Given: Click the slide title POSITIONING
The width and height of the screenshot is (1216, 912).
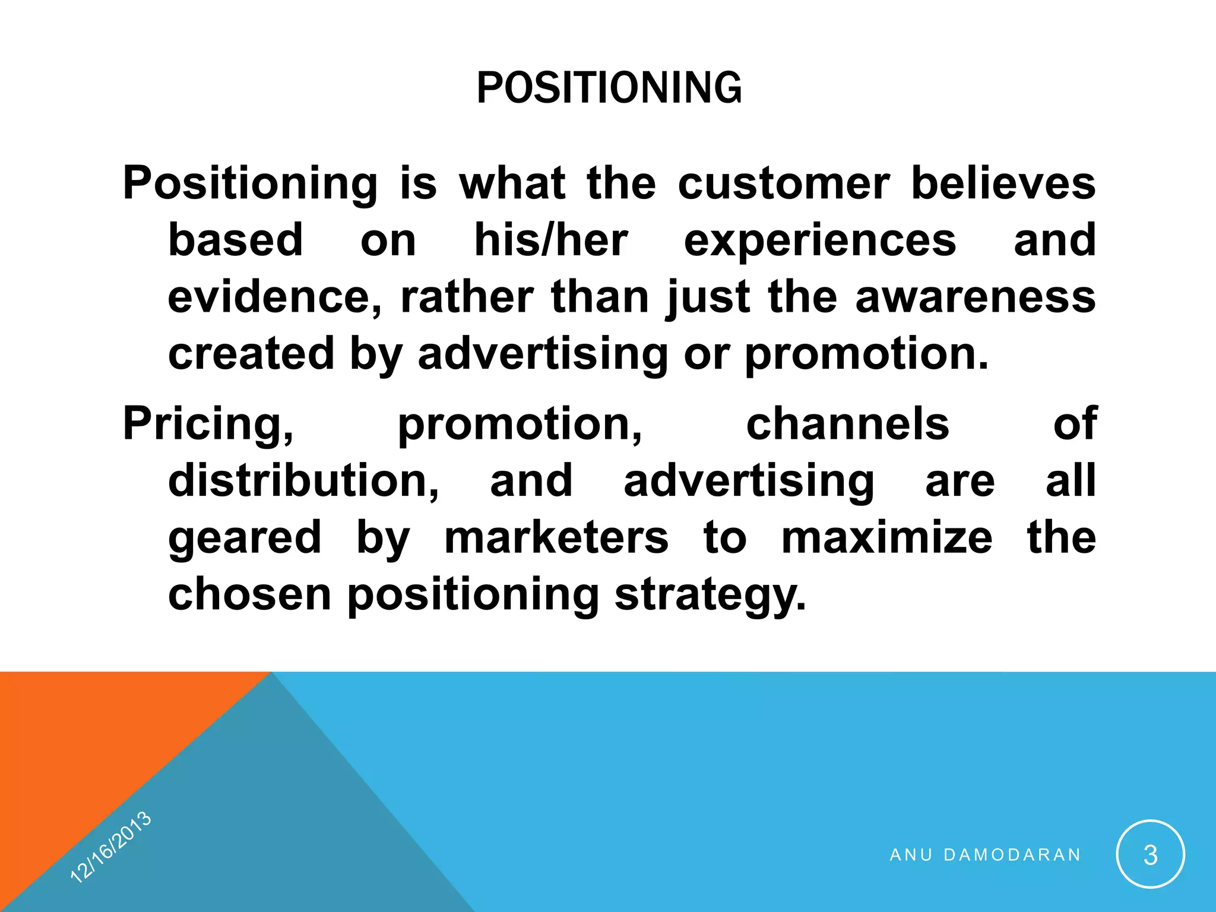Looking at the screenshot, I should click(609, 88).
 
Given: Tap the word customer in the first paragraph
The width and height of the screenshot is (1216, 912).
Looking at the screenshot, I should click(784, 183).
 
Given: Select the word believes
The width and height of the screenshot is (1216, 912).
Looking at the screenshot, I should click(1003, 183).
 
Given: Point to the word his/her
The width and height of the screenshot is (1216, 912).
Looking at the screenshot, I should click(550, 240).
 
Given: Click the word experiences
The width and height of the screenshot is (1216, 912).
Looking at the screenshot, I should click(820, 240).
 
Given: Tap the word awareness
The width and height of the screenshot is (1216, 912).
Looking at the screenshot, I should click(975, 297).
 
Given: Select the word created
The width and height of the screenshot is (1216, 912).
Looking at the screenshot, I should click(251, 354).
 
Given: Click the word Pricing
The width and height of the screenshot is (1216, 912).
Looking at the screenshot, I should click(208, 424).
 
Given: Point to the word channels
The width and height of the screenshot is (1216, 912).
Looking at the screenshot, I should click(847, 424).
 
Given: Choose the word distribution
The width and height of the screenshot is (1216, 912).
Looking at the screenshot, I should click(303, 480).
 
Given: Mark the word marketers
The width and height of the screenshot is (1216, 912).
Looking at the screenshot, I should click(556, 537).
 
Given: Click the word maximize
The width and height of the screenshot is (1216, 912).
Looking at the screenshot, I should click(886, 537).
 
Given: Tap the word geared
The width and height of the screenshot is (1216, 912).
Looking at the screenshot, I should click(245, 537).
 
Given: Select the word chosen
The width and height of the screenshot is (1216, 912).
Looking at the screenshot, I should click(249, 594).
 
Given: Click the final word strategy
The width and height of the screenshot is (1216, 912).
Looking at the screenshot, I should click(710, 594).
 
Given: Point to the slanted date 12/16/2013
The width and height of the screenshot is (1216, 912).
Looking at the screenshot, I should click(111, 847).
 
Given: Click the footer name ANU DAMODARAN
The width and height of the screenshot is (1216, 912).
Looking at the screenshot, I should click(986, 855).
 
